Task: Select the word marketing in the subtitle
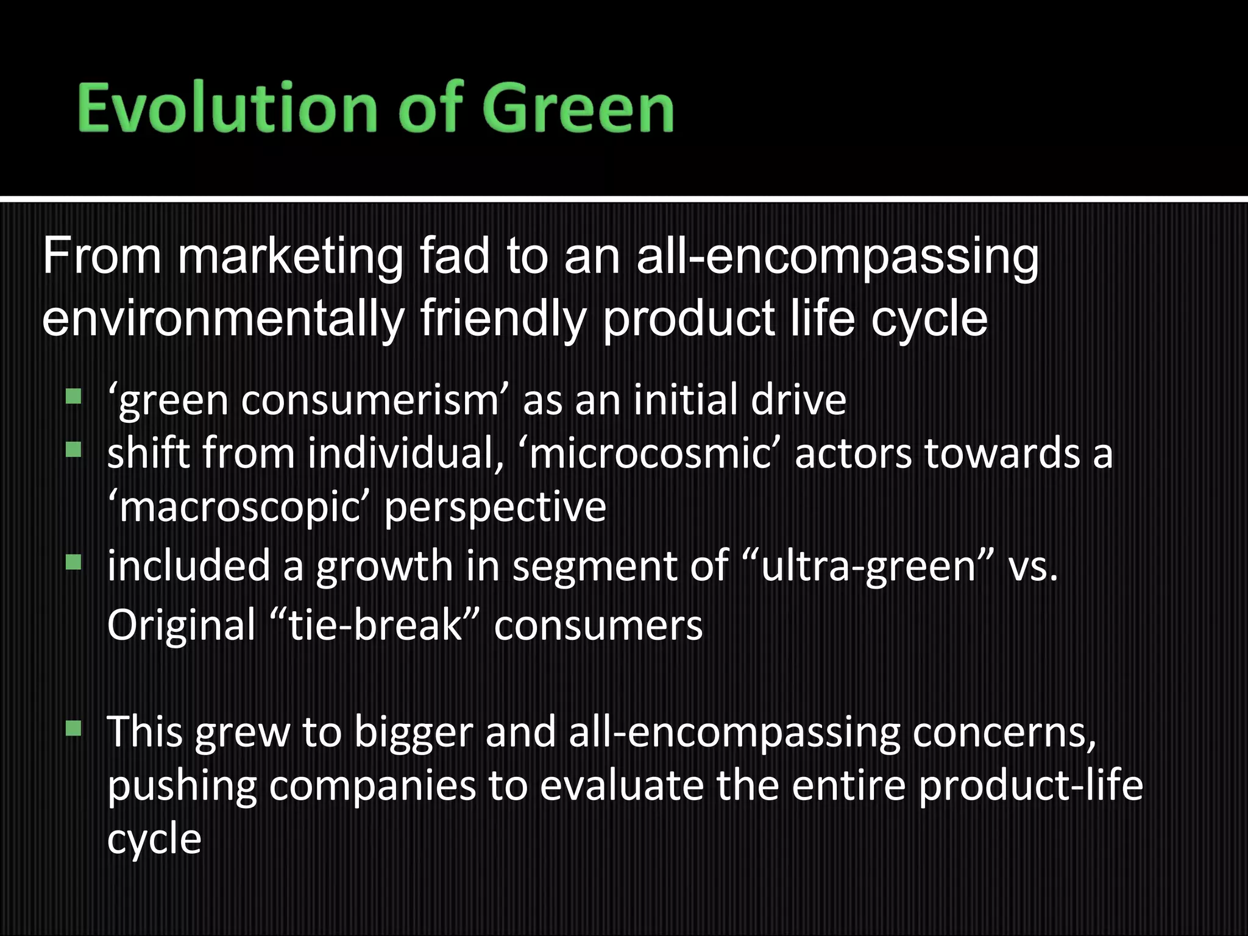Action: pyautogui.click(x=290, y=257)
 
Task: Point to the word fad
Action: pyautogui.click(x=455, y=257)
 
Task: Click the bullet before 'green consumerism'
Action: pyautogui.click(x=73, y=397)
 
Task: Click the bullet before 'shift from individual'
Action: pyautogui.click(x=73, y=450)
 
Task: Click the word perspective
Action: pyautogui.click(x=495, y=507)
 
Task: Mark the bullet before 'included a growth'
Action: pyautogui.click(x=73, y=561)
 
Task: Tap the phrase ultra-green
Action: pyautogui.click(x=869, y=565)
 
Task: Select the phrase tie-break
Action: pyautogui.click(x=375, y=625)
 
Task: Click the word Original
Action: pyautogui.click(x=182, y=625)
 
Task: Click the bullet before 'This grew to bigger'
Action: pyautogui.click(x=73, y=728)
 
